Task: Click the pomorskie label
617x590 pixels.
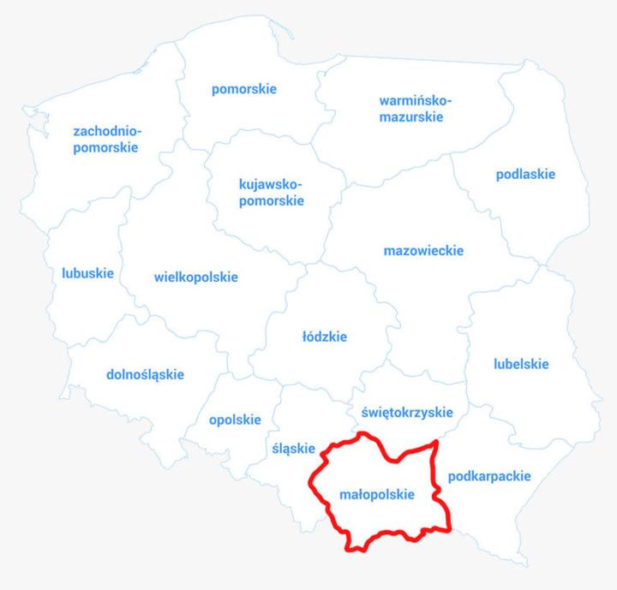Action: click(x=244, y=89)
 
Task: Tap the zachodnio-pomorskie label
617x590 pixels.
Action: click(x=106, y=140)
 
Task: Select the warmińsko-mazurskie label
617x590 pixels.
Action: click(x=410, y=109)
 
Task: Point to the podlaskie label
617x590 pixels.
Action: click(x=525, y=175)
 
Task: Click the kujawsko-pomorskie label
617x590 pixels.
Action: click(x=271, y=193)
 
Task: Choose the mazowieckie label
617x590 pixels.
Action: click(x=423, y=251)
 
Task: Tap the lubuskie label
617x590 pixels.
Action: click(x=87, y=274)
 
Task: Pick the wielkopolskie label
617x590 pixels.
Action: click(x=196, y=277)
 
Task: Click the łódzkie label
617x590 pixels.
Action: click(x=325, y=337)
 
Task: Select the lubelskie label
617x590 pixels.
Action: click(x=521, y=364)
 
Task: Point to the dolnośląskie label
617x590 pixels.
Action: click(x=145, y=374)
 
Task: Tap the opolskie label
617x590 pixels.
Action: click(x=235, y=420)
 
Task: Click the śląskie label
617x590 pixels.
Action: click(x=293, y=448)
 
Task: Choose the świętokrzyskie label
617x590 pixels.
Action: click(x=407, y=412)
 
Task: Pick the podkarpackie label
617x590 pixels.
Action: click(x=489, y=476)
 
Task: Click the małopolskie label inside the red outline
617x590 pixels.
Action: click(x=377, y=495)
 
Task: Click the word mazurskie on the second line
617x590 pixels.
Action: click(x=411, y=117)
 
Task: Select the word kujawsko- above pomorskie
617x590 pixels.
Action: click(x=271, y=184)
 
